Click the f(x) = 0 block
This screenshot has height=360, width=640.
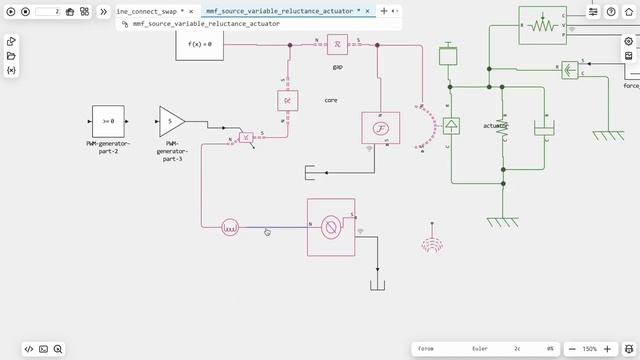[200, 44]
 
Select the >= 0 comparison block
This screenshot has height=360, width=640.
[108, 120]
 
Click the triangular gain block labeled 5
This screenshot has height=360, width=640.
[171, 121]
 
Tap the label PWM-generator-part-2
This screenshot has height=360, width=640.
[108, 148]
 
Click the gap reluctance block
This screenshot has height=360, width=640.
[338, 46]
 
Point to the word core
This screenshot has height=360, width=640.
[331, 101]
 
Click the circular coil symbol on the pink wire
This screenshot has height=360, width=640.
[229, 228]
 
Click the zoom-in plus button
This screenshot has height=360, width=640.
[608, 349]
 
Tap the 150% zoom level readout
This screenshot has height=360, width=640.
[590, 349]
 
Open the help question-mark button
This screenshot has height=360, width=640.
[611, 12]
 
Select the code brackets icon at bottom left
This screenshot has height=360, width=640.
[29, 349]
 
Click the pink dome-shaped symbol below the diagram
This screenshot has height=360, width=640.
[432, 244]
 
